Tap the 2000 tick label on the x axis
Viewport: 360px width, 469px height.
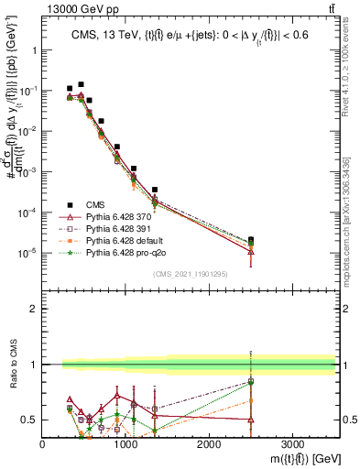pyautogui.click(x=209, y=444)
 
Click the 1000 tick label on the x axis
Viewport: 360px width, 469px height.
pyautogui.click(x=125, y=444)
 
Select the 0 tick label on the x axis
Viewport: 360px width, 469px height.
pyautogui.click(x=43, y=444)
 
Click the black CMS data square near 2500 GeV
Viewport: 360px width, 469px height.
pyautogui.click(x=251, y=240)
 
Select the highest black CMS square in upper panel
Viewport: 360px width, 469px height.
pyautogui.click(x=81, y=84)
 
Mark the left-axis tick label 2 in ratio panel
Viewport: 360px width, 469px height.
pyautogui.click(x=33, y=309)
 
